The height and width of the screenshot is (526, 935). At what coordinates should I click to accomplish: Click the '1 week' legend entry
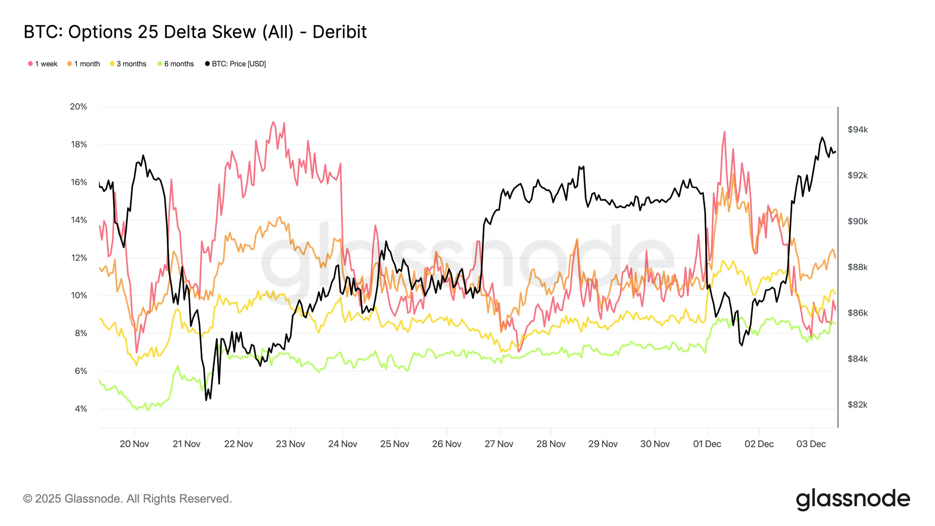(x=43, y=64)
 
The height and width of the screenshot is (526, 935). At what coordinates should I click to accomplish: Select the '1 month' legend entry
(x=83, y=64)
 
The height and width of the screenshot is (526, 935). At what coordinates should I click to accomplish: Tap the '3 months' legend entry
(x=128, y=64)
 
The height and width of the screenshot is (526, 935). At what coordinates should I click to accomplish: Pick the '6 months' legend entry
(x=176, y=64)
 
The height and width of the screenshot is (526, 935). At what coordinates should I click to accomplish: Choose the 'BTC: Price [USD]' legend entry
(x=236, y=64)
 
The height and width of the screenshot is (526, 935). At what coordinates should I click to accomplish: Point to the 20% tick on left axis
(x=78, y=107)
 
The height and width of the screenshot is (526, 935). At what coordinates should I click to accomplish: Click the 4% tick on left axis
(x=81, y=409)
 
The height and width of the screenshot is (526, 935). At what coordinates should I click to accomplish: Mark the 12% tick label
(x=79, y=258)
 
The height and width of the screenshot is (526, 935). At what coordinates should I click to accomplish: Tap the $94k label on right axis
(x=857, y=130)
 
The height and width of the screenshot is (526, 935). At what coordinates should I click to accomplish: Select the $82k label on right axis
(x=857, y=405)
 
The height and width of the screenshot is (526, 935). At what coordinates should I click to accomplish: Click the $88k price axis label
(x=857, y=267)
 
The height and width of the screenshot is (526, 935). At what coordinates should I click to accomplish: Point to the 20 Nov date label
(x=134, y=444)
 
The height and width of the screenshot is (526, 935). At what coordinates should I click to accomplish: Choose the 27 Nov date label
(x=499, y=444)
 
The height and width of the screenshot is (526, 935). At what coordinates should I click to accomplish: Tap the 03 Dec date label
(x=811, y=444)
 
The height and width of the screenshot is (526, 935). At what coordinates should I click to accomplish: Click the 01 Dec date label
(x=707, y=444)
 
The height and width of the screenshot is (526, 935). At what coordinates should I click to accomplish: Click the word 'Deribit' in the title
(x=339, y=32)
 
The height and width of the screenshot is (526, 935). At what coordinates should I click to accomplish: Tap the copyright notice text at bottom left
(x=127, y=499)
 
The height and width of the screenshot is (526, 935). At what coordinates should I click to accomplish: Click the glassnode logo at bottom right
(x=853, y=499)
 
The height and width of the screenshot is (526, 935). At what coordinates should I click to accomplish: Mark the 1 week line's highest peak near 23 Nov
(x=273, y=122)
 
